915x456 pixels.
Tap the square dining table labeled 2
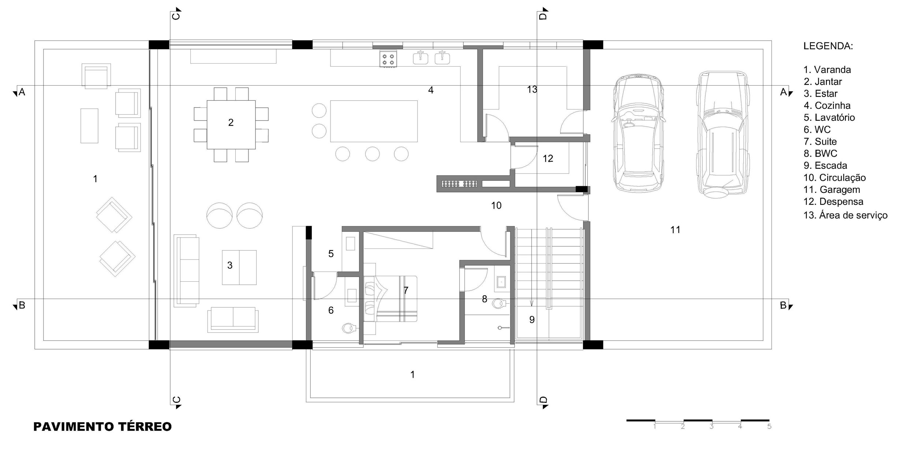(x=231, y=124)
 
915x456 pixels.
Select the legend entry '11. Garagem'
(x=829, y=190)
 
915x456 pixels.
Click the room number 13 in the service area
(x=532, y=89)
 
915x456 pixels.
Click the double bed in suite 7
(x=390, y=299)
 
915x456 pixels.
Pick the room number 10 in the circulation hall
(x=496, y=206)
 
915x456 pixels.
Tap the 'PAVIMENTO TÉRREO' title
(x=102, y=427)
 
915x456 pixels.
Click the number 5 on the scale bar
(x=769, y=427)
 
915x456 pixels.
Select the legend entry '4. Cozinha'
(x=827, y=105)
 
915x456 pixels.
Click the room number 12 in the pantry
(x=548, y=158)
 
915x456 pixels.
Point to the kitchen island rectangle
(x=374, y=121)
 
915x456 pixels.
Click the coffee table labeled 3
(x=239, y=268)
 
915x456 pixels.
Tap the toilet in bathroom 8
(x=498, y=303)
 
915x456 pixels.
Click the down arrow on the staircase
(x=531, y=303)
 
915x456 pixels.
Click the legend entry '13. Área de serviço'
(x=845, y=215)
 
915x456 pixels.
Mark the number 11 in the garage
(x=675, y=230)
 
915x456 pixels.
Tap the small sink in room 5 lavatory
(x=350, y=243)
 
